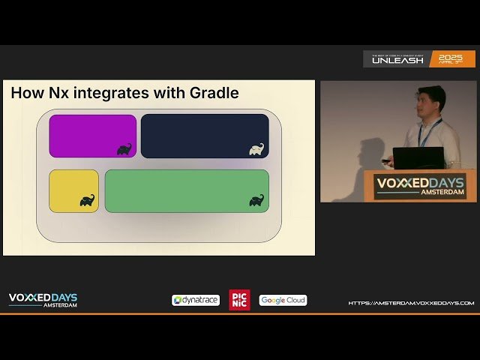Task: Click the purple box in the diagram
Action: (x=92, y=136)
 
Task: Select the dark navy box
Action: (x=204, y=136)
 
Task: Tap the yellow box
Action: (x=73, y=190)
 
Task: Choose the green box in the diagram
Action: (x=186, y=190)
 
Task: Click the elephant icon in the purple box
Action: (x=124, y=149)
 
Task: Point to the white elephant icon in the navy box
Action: (x=256, y=149)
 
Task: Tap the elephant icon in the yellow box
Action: (x=87, y=200)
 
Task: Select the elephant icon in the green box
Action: (x=256, y=200)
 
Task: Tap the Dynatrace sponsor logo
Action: (x=196, y=300)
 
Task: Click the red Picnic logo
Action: (x=239, y=300)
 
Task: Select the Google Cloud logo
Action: (x=283, y=300)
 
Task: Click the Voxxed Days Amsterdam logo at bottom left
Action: (x=43, y=300)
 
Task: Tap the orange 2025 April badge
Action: (x=452, y=58)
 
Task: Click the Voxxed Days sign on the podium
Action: (x=420, y=185)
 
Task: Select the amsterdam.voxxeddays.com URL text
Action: (x=411, y=303)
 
